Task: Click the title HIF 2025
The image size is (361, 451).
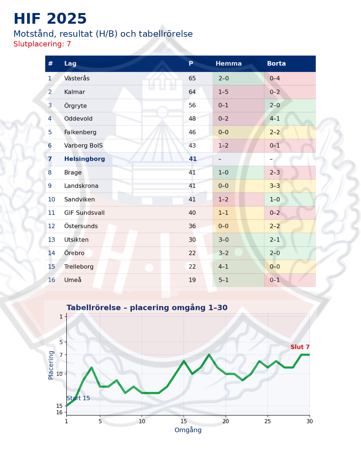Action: [50, 19]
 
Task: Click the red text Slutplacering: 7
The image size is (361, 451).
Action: [42, 44]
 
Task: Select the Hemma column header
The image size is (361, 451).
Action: [228, 63]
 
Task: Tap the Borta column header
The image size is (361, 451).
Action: [276, 63]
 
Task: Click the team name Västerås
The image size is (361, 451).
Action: [77, 79]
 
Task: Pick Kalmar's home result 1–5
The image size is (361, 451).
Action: [224, 92]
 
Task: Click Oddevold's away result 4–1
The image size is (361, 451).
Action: [275, 119]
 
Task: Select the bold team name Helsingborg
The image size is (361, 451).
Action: [85, 159]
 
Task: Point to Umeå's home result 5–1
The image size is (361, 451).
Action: [224, 280]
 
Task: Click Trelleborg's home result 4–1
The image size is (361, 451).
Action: [224, 267]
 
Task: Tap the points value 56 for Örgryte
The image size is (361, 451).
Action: [192, 105]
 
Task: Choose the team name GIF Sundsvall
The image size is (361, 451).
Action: [84, 213]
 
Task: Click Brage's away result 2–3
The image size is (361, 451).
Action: [275, 172]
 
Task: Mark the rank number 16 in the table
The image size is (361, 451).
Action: [51, 280]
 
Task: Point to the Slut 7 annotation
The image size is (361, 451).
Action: [300, 347]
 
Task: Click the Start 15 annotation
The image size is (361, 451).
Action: [78, 398]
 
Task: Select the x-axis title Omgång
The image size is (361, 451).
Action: [188, 430]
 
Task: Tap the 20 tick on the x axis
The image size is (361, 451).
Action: [226, 421]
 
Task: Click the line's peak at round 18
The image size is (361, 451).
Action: [209, 354]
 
